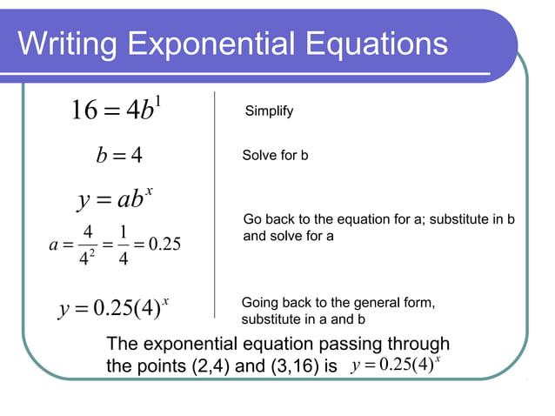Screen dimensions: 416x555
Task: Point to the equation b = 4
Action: pyautogui.click(x=118, y=157)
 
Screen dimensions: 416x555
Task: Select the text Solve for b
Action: pyautogui.click(x=275, y=156)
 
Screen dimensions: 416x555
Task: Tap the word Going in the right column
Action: pyautogui.click(x=259, y=302)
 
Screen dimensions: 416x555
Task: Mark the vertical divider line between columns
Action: pyautogui.click(x=214, y=200)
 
